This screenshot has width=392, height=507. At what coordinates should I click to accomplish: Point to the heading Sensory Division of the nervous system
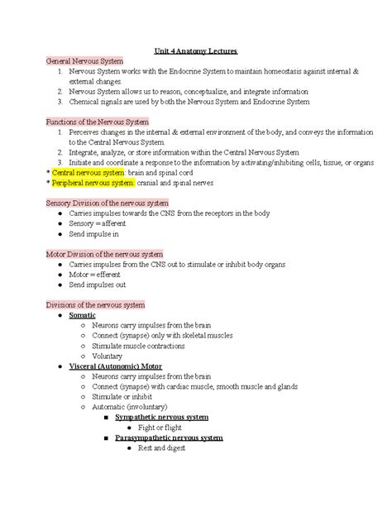108,203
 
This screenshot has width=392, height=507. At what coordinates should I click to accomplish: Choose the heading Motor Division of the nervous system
104,254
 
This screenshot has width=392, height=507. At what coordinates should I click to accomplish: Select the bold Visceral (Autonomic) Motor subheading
116,366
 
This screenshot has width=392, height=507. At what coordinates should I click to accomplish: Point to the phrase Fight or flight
163,427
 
